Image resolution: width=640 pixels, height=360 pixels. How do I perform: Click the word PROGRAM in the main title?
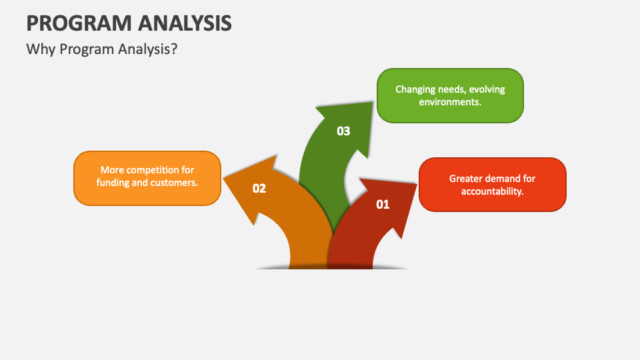79,23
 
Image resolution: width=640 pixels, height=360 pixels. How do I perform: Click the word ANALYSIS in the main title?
185,23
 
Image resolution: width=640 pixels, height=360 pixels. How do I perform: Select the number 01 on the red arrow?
383,204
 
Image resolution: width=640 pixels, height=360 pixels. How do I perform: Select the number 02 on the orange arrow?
259,188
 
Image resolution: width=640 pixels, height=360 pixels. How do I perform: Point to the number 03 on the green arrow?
343,131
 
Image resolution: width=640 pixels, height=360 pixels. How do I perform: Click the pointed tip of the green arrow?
373,102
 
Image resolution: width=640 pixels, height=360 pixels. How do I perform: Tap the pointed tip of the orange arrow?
223,178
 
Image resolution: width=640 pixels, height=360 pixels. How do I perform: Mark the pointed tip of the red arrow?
417,185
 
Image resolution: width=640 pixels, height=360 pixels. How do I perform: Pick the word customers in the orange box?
177,183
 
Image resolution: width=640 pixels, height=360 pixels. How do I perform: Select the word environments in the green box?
450,101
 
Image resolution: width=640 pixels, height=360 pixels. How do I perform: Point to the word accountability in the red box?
492,191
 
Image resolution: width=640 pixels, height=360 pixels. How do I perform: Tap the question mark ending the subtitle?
174,49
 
